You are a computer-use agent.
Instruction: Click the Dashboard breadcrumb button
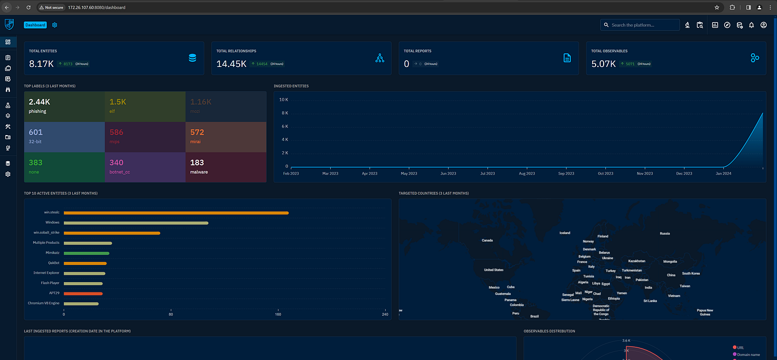tap(35, 25)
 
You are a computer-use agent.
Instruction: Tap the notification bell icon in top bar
tap(751, 25)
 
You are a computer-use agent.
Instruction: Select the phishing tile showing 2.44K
tap(64, 106)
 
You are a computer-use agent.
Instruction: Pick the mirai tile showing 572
tap(225, 136)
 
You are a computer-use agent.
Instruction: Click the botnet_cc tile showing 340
tap(145, 167)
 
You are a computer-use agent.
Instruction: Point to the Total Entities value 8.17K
tap(41, 64)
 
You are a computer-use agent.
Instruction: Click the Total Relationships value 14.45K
tap(231, 64)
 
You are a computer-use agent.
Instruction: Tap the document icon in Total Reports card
tap(567, 58)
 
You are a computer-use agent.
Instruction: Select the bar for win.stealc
tap(176, 213)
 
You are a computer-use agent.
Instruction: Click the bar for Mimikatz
tap(86, 253)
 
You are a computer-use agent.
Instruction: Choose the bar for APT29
tap(83, 294)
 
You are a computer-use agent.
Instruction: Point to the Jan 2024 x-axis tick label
tap(723, 173)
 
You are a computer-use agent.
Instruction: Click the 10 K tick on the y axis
tap(283, 100)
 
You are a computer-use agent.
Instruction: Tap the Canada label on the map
tap(487, 240)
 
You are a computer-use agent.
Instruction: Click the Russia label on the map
tap(664, 234)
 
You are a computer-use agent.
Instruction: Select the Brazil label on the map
tap(534, 316)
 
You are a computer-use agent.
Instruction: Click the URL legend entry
tap(740, 347)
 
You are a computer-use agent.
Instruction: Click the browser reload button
tap(29, 7)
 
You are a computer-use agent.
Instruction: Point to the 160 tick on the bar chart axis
tap(278, 314)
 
